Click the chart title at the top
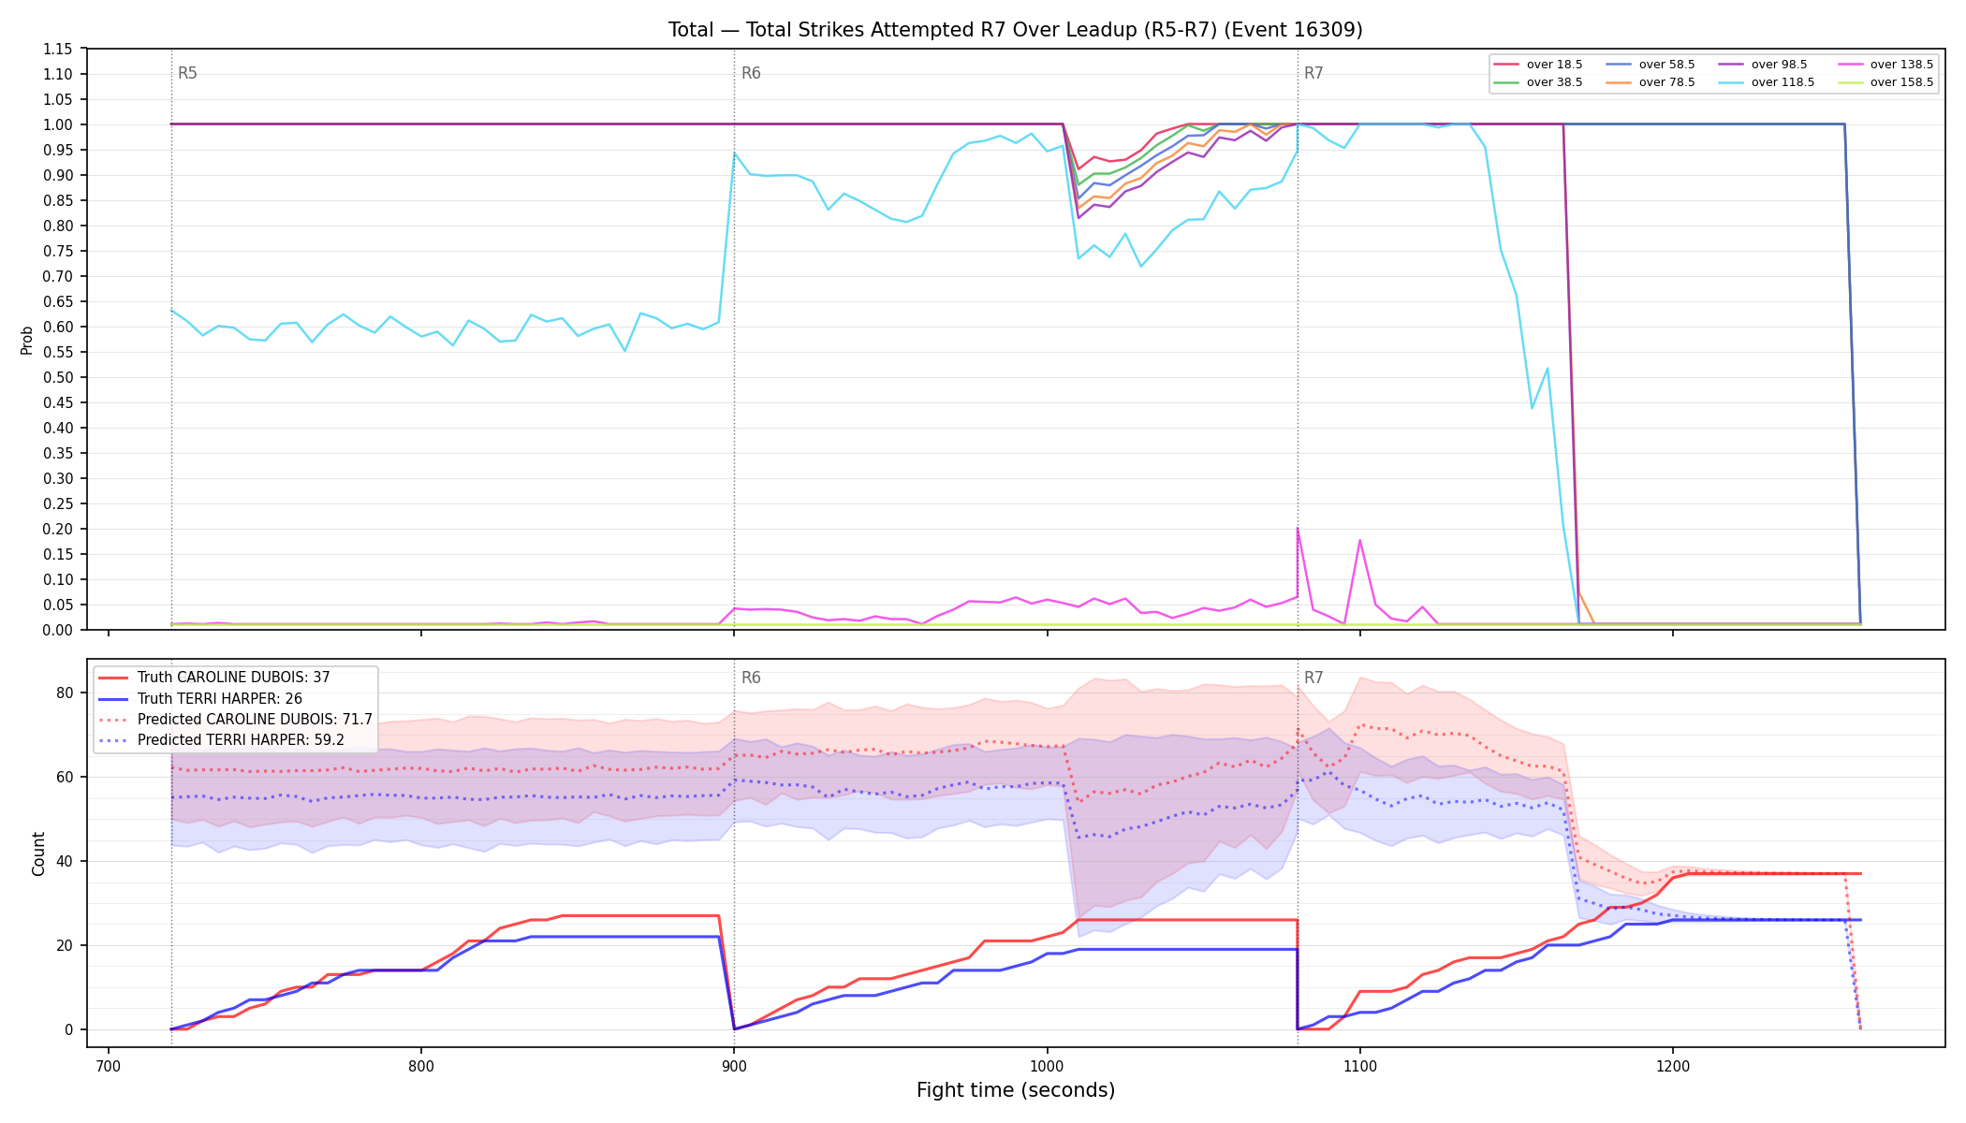[1015, 30]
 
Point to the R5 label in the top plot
[187, 73]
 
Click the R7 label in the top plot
[1313, 73]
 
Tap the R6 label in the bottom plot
[751, 678]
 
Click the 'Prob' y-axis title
[27, 340]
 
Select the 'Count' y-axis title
[38, 853]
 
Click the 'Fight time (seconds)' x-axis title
[1016, 1090]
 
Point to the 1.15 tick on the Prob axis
[58, 49]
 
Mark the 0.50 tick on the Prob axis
[58, 377]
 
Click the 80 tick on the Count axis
[65, 693]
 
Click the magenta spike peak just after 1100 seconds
[1359, 540]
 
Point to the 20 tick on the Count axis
[65, 945]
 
